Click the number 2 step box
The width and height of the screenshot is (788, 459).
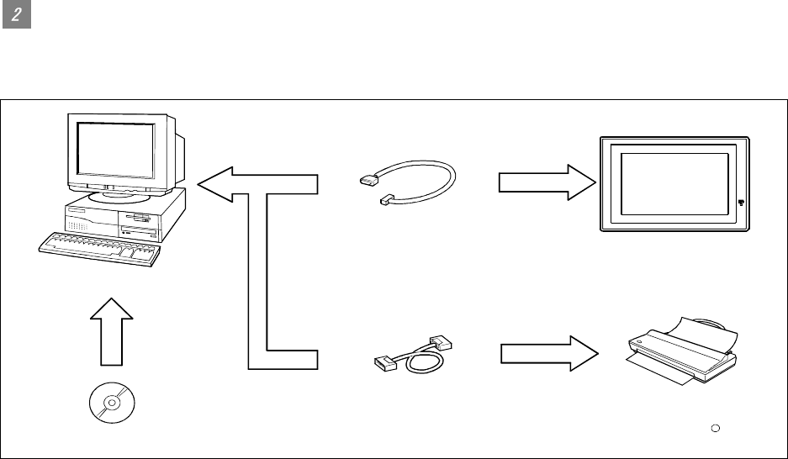coord(17,17)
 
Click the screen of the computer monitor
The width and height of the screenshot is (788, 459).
coord(115,150)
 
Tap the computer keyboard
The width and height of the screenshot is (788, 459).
coord(99,249)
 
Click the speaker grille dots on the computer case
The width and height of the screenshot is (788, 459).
coord(78,226)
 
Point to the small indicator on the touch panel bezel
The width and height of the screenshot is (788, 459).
coord(741,202)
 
